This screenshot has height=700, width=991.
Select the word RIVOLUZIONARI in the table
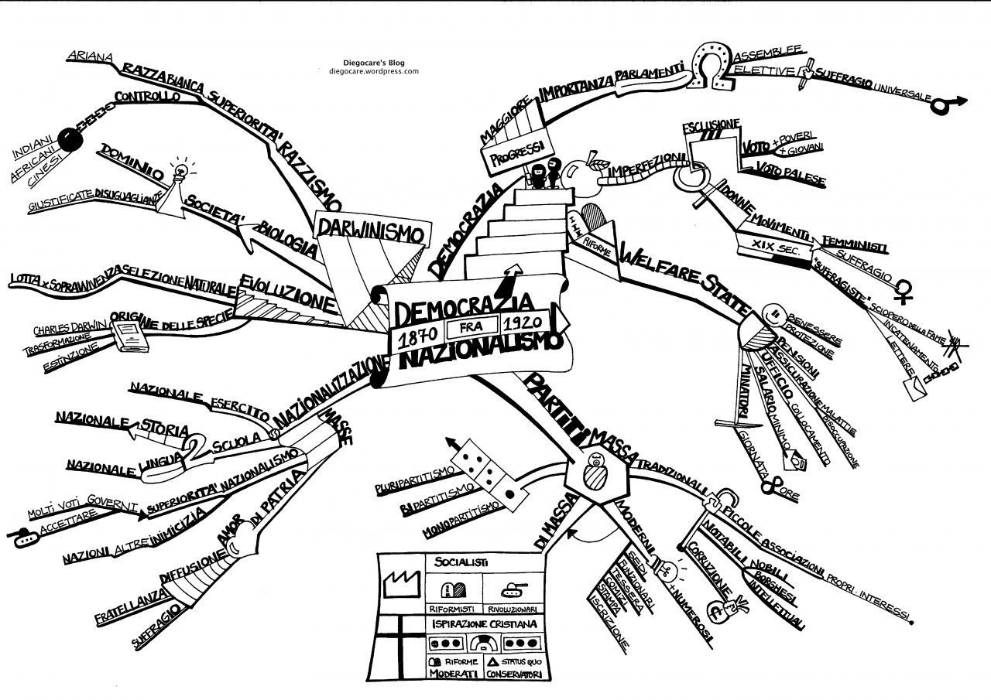(x=513, y=608)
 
